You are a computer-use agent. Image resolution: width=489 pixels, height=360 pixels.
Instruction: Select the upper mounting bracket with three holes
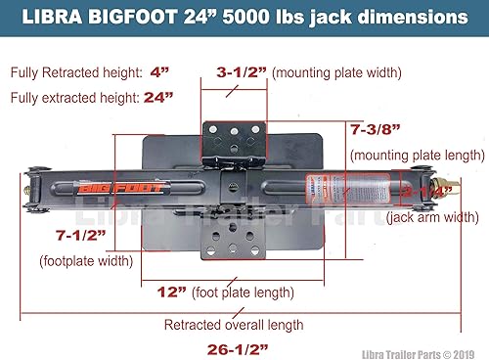click(x=233, y=139)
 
